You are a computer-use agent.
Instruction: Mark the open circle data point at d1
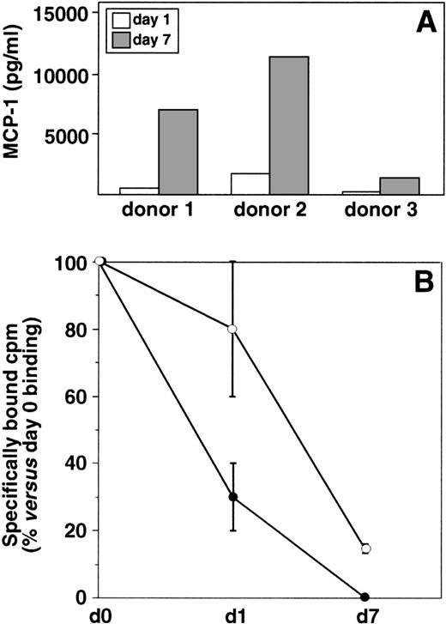[x=256, y=329]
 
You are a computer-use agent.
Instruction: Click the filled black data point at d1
[x=256, y=497]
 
